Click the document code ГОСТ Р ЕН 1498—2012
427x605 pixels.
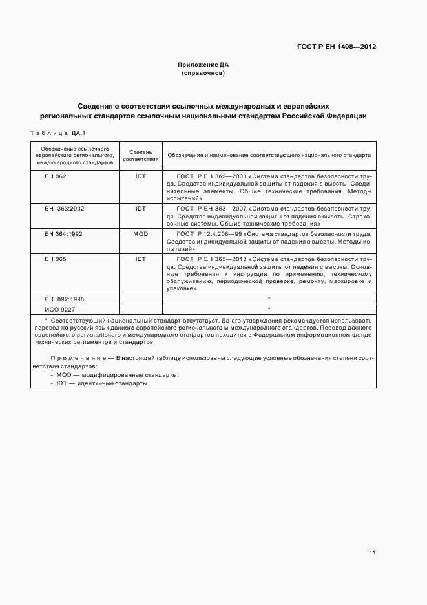336,47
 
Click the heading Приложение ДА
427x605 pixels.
203,65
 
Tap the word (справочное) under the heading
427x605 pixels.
203,73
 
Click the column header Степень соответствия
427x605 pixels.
141,155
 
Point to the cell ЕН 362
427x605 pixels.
55,176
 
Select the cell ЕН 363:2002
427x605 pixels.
64,209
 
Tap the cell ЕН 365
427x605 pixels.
55,259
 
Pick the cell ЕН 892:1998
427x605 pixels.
64,299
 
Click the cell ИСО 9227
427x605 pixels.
59,309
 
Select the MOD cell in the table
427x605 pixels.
141,233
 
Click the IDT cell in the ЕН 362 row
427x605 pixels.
141,176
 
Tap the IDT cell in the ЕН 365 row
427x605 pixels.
141,259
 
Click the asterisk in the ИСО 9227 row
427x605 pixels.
268,309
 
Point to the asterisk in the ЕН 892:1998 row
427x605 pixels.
268,299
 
